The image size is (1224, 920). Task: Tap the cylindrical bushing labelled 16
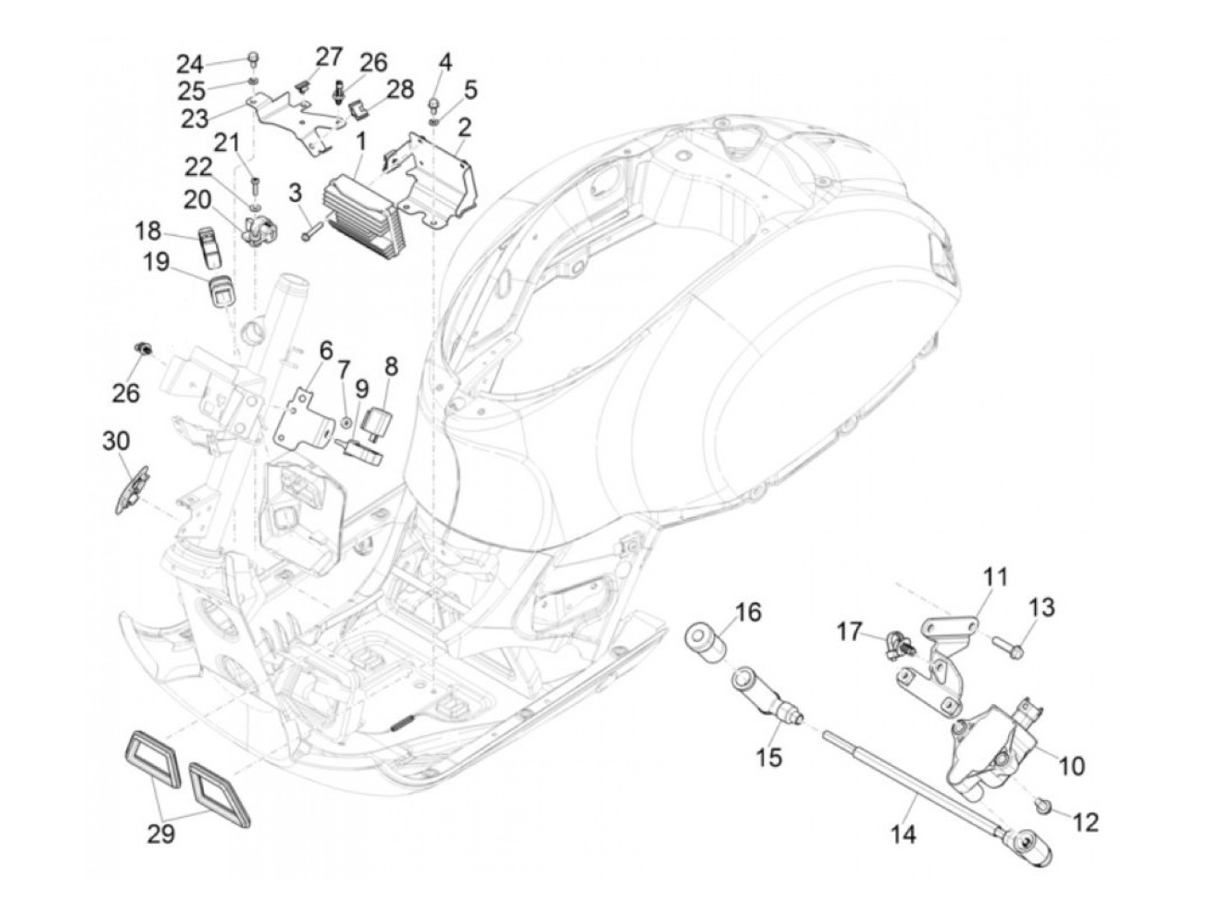[705, 644]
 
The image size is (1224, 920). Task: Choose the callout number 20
[198, 199]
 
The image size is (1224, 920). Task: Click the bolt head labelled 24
[254, 58]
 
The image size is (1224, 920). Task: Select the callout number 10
[1069, 765]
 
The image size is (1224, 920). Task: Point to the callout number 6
[325, 351]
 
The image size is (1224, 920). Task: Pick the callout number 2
[464, 127]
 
